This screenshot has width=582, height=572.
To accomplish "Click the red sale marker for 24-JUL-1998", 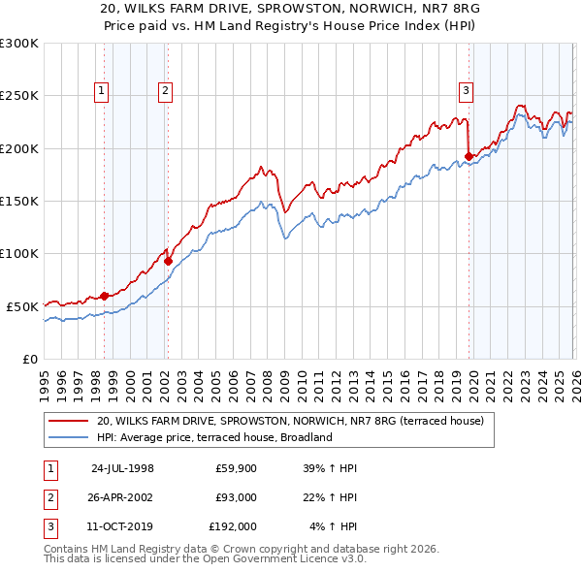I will (104, 296).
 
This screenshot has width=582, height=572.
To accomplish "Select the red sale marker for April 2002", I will (168, 261).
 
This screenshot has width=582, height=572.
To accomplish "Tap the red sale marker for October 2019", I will (469, 156).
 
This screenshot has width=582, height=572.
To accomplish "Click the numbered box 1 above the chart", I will (102, 91).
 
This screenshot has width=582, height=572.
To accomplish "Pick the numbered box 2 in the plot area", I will (166, 91).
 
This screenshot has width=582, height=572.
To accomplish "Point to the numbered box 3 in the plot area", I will (466, 91).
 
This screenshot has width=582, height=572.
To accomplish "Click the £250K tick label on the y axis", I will (18, 96).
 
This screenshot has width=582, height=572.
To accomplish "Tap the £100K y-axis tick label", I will (18, 253).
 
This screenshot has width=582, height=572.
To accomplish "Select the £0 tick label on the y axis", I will (29, 359).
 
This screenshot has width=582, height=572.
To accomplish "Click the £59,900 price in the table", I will (236, 467).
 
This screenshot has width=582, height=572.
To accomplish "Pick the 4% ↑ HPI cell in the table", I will (334, 527).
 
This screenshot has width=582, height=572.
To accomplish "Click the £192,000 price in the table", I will (233, 527).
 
